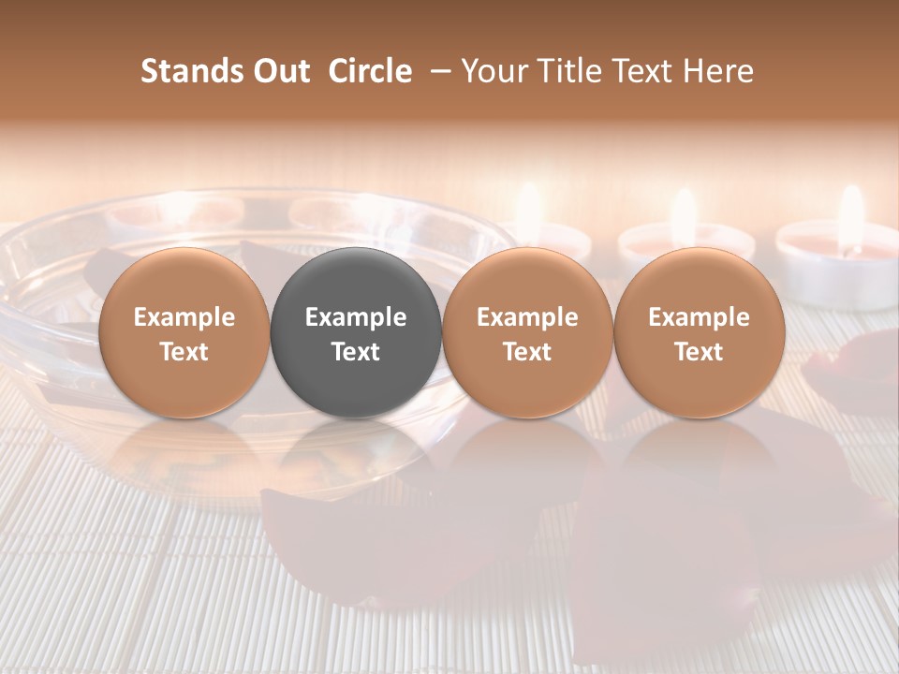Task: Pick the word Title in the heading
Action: click(566, 71)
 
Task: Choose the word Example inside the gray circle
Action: click(356, 317)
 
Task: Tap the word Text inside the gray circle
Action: click(356, 352)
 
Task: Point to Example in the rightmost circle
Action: click(700, 317)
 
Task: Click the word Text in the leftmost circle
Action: click(184, 352)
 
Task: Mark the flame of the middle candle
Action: click(685, 214)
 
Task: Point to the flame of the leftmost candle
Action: click(530, 212)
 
